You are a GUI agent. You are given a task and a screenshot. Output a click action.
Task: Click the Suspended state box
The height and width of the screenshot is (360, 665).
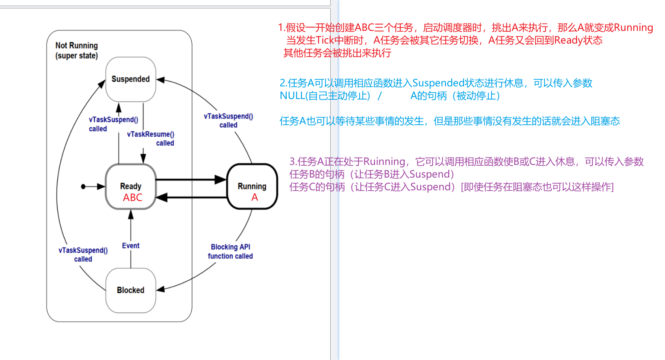tap(131, 79)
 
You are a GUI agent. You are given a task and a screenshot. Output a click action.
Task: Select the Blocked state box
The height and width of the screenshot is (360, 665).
tap(131, 290)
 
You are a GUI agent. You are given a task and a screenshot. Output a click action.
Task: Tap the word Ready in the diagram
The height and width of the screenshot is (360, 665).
tap(131, 186)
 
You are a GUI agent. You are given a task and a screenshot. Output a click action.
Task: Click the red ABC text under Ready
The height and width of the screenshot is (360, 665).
tap(133, 198)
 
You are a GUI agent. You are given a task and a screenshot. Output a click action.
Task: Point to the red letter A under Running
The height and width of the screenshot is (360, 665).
tap(255, 197)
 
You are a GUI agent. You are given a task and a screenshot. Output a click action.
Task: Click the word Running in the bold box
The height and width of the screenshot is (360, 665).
tap(252, 186)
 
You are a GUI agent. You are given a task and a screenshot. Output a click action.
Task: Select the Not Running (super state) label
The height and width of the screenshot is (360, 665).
tap(77, 51)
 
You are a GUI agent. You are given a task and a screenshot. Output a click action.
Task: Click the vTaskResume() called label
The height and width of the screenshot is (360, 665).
tap(151, 138)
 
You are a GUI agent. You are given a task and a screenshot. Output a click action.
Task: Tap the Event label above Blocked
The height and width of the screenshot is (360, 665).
tap(131, 246)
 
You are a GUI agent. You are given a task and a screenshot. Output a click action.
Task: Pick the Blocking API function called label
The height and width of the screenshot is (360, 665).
tap(230, 252)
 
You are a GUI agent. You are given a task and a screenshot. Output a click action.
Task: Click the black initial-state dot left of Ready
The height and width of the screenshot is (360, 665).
tap(83, 187)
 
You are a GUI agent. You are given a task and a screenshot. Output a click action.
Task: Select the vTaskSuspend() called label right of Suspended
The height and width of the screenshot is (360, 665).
tap(228, 121)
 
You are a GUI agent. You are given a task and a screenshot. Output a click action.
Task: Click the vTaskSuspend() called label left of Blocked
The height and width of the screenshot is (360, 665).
tap(83, 255)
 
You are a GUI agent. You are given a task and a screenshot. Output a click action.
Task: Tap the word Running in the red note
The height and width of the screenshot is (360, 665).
tap(633, 28)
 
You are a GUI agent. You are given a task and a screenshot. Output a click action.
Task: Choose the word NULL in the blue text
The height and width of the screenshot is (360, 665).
tap(292, 96)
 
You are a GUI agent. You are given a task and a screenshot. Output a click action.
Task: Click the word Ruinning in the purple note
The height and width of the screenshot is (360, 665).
tap(384, 162)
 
